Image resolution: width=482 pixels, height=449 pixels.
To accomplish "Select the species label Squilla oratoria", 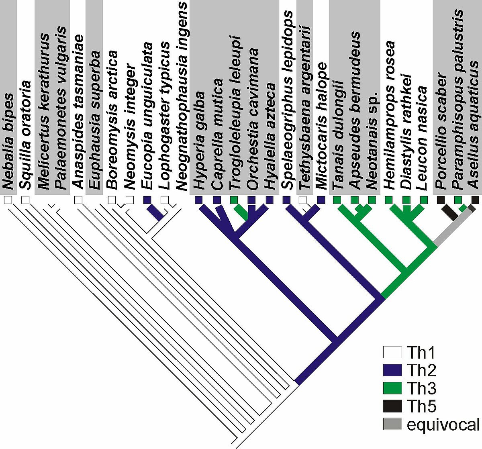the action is pos(25,135).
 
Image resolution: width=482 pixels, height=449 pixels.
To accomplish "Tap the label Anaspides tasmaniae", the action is pos(78,112).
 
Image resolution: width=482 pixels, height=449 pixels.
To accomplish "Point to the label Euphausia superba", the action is pos(94,120).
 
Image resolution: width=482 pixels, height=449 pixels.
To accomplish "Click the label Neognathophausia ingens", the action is pos(182,96).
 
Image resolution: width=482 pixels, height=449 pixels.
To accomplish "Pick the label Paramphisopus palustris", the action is pos(458,100).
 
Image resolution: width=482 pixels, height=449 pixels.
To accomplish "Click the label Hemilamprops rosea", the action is pos(389,116).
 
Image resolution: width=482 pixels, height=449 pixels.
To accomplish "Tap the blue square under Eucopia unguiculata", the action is pos(147,200).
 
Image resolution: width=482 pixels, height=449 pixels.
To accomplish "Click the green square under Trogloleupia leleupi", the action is pos(234,200).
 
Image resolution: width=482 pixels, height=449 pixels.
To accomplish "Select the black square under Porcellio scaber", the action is pos(441,200).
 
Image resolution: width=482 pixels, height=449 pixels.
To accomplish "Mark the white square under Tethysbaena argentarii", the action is pos(302,200).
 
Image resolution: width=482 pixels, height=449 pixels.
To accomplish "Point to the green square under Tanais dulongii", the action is pos(337,200).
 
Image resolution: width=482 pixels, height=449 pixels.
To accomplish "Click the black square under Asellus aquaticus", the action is pos(475,200).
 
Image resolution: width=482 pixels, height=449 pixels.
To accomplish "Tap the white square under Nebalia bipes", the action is pos(8,200).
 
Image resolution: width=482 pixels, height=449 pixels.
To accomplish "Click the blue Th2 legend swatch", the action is pos(392,370).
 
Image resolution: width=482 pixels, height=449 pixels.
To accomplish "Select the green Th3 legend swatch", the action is pos(392,388).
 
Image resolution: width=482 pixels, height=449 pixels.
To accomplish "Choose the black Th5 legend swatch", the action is pos(392,406).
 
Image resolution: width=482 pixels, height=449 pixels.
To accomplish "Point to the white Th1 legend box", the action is pos(392,352).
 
